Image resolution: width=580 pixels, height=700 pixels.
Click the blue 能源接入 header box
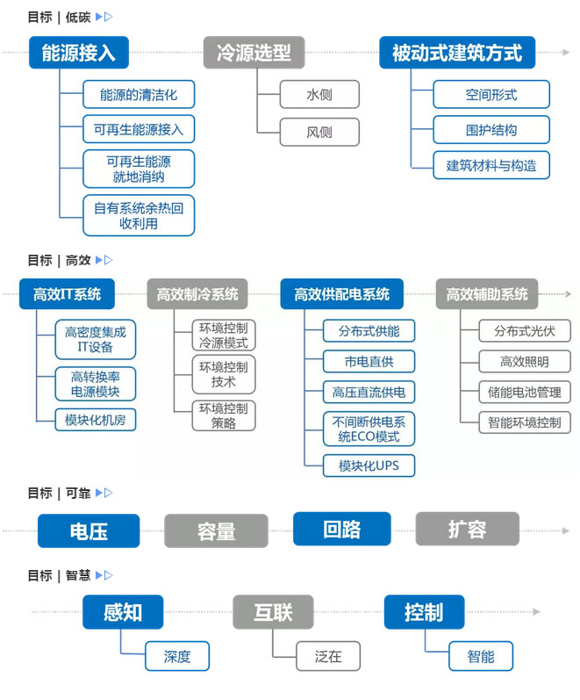pos(78,53)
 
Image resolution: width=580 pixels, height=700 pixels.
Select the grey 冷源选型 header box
pos(254,53)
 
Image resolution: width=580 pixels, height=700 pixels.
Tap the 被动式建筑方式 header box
pos(456,53)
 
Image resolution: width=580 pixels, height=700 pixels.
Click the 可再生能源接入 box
pos(139,130)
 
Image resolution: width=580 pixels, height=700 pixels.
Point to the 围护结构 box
pos(491,130)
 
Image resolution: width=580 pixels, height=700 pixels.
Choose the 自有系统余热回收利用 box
pos(139,215)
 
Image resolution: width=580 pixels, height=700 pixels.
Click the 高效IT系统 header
pos(67,294)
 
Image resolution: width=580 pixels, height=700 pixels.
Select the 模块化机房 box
pos(95,420)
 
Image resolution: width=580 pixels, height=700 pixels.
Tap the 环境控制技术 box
pos(224,374)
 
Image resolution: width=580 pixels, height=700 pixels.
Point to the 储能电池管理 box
pos(525,392)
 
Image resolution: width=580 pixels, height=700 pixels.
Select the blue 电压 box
pos(89,530)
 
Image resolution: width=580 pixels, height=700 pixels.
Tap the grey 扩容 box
pos(467,530)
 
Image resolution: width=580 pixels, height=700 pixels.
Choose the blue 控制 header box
pos(424,612)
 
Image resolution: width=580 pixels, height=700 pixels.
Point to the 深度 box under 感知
pos(176,656)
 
